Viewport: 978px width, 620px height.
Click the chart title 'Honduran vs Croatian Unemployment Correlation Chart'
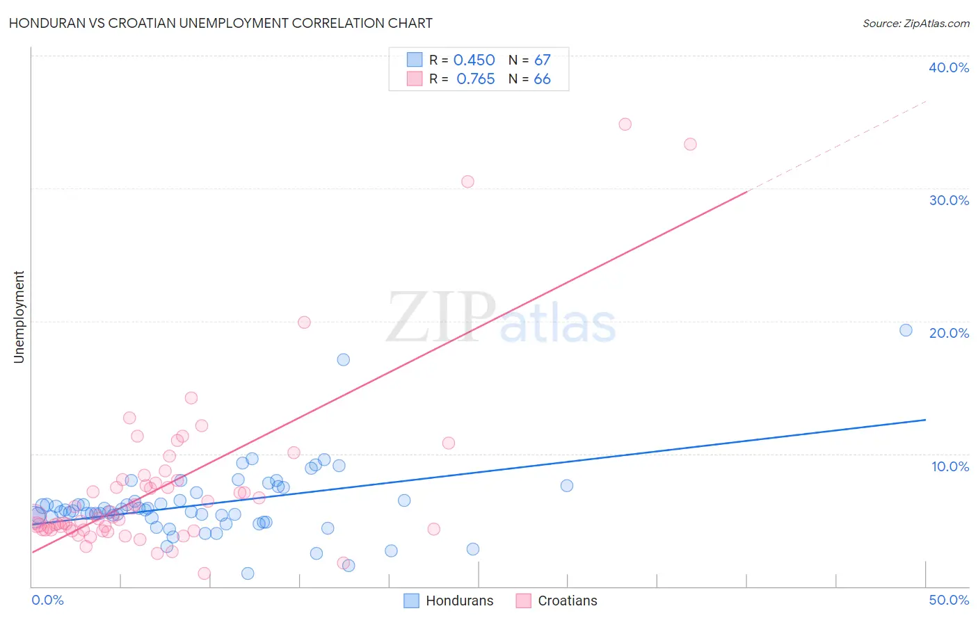(x=221, y=23)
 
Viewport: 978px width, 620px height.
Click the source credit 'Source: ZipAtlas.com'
(x=915, y=23)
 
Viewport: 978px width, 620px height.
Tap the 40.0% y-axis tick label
(x=949, y=67)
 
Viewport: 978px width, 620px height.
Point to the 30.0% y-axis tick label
(x=949, y=200)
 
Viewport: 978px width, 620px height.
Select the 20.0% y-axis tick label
(x=949, y=333)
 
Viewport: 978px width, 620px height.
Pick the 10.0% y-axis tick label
(x=950, y=466)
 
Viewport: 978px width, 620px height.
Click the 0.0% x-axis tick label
(x=47, y=600)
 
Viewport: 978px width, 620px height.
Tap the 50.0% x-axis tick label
(x=949, y=600)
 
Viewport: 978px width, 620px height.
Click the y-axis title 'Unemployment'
(x=19, y=317)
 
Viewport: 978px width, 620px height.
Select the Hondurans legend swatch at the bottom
(x=412, y=601)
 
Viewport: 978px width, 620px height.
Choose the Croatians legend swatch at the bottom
(x=524, y=601)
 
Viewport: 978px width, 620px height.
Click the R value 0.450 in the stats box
(x=474, y=60)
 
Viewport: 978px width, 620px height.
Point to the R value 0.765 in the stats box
(x=475, y=79)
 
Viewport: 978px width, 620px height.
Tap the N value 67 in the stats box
(x=542, y=60)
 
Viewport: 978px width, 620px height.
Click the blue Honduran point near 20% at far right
(x=906, y=330)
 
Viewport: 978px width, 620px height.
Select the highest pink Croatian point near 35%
(x=625, y=124)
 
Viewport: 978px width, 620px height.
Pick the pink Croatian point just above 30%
(x=467, y=181)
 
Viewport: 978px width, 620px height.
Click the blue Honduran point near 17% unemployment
(x=343, y=359)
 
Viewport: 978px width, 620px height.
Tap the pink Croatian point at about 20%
(x=304, y=322)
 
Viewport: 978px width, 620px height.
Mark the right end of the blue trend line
(x=925, y=420)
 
